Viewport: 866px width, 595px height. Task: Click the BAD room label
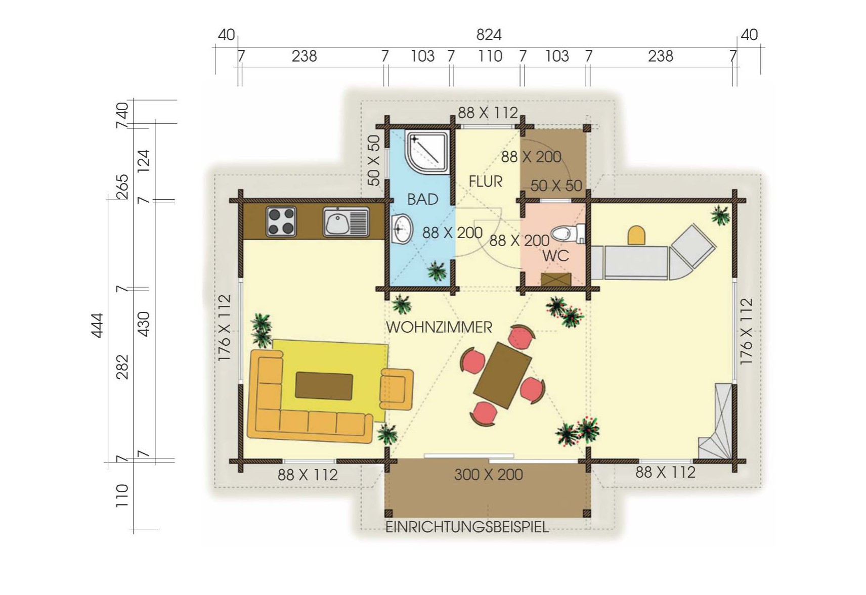point(422,199)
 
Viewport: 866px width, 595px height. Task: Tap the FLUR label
point(486,181)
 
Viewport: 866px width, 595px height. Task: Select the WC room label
point(555,256)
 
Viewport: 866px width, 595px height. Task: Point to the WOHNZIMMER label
point(439,327)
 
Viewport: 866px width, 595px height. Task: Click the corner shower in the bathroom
point(427,152)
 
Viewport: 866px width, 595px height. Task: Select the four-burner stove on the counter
point(281,221)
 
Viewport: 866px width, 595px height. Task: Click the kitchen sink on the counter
point(346,222)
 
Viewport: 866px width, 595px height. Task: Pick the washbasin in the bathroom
point(402,229)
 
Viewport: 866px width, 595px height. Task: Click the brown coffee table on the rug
point(324,386)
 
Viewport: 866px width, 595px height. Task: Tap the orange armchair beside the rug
point(397,389)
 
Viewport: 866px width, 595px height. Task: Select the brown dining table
point(502,375)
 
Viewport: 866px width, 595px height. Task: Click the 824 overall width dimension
point(489,35)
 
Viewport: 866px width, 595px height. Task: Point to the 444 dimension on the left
point(97,326)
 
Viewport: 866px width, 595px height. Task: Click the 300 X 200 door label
point(488,475)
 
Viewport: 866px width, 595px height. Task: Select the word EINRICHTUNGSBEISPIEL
point(467,527)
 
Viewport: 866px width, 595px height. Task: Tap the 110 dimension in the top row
point(490,56)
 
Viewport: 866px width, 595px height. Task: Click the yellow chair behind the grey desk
point(636,235)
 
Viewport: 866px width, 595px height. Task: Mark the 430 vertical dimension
point(144,324)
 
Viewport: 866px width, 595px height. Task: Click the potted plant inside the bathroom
point(437,270)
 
